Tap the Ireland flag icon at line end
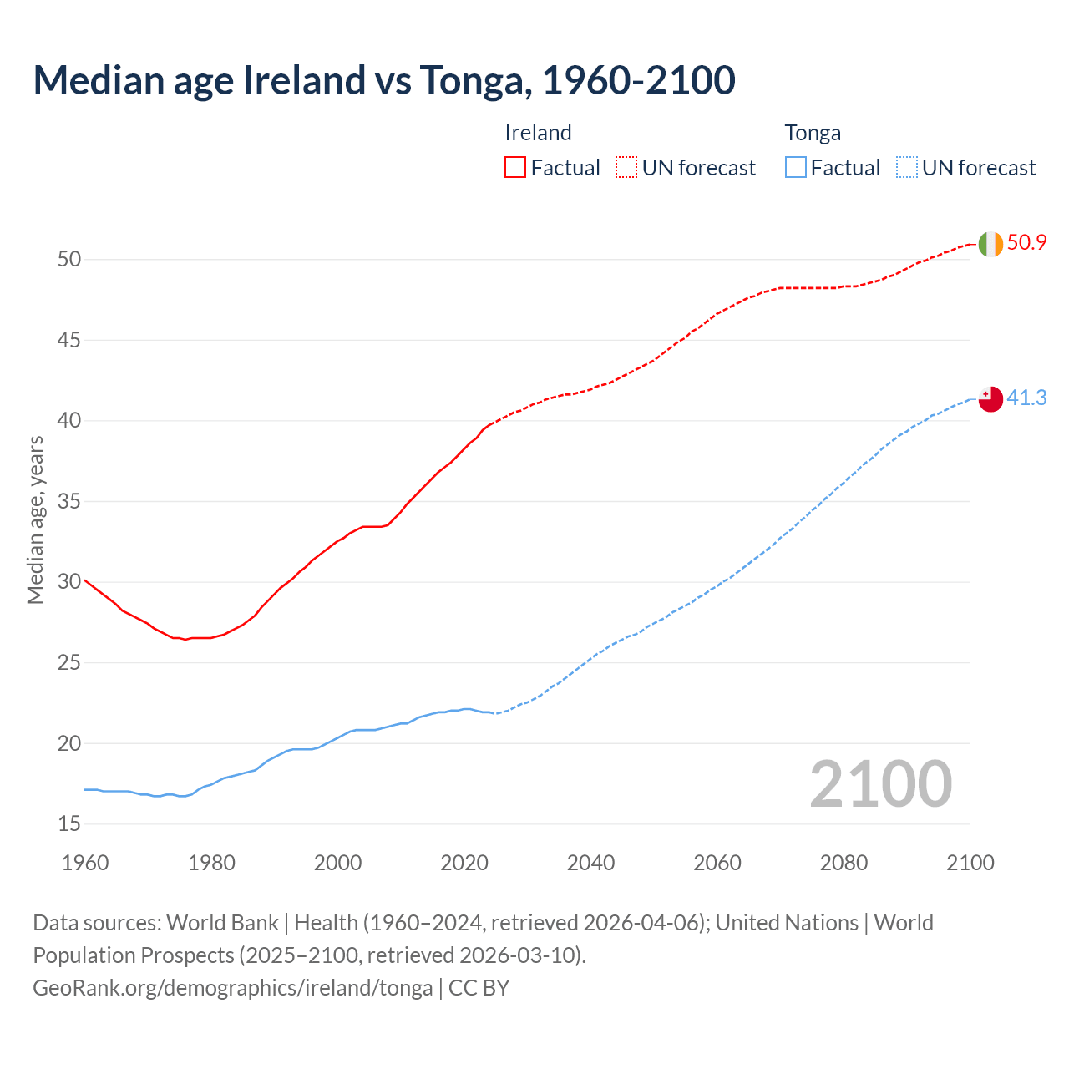(990, 244)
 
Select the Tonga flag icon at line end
(990, 399)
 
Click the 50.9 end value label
(1026, 243)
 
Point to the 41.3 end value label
(1026, 398)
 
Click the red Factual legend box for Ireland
(515, 168)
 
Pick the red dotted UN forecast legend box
(626, 168)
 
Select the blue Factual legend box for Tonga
(796, 168)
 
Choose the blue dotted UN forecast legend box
(907, 168)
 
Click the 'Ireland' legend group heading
(538, 133)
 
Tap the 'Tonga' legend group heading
(813, 133)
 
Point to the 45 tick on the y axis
(69, 340)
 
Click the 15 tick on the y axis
(69, 824)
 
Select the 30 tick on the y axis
(69, 582)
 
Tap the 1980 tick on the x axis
(211, 863)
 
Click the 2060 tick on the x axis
(717, 863)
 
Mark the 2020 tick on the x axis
(464, 863)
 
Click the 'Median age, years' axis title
(35, 519)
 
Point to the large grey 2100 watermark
(881, 784)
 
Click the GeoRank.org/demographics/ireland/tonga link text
(232, 988)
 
